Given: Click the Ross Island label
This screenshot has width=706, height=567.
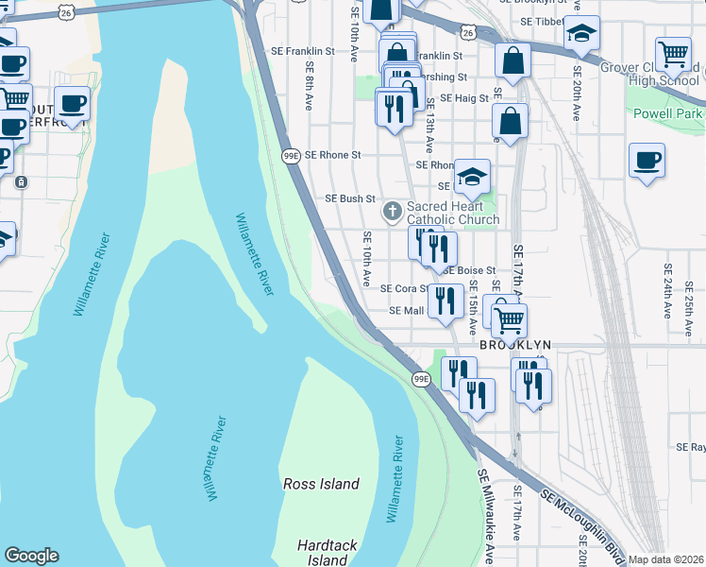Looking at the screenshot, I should (x=322, y=484).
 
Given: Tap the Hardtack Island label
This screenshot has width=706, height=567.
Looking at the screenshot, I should (x=328, y=553).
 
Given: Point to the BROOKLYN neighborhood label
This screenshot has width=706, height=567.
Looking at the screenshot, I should (x=514, y=346).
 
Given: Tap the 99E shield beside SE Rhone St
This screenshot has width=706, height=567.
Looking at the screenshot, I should (x=291, y=155).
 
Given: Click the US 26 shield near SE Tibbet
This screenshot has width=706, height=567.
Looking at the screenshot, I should (x=468, y=32).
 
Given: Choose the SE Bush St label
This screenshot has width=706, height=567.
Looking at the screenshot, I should (x=350, y=199).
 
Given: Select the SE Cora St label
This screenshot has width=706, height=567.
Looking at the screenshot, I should (x=404, y=289).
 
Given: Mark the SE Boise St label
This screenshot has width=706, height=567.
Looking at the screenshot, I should (x=469, y=271).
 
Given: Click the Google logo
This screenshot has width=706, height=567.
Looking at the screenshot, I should (x=31, y=556).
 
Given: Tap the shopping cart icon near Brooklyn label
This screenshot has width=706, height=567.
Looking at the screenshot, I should (x=510, y=319).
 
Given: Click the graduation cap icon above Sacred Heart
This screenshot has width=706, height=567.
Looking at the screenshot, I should (x=472, y=176).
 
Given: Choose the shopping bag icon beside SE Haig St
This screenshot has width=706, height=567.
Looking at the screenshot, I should (x=510, y=121).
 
